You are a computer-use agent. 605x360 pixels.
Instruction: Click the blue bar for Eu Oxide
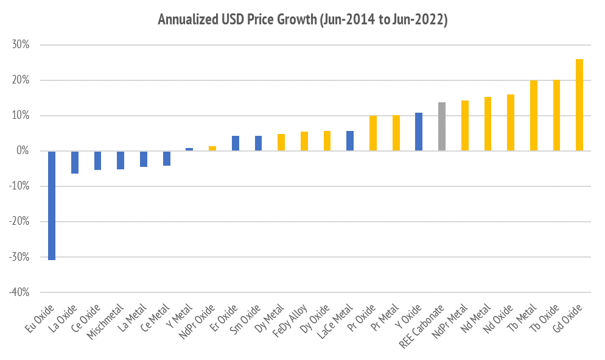click(x=52, y=205)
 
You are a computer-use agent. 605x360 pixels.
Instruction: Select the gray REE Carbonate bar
click(x=442, y=127)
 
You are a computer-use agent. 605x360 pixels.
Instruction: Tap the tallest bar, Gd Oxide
click(x=579, y=105)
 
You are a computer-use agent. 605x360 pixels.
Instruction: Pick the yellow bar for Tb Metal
click(x=534, y=116)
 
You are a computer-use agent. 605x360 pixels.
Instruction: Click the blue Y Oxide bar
click(x=419, y=132)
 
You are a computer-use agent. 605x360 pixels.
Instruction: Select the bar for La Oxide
click(x=75, y=162)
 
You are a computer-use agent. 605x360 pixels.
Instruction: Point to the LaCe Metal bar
click(x=350, y=141)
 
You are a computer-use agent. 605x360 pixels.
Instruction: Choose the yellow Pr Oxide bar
click(x=373, y=133)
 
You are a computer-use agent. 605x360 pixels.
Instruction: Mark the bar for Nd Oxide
click(x=511, y=122)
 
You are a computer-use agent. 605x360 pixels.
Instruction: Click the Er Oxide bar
click(x=236, y=143)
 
